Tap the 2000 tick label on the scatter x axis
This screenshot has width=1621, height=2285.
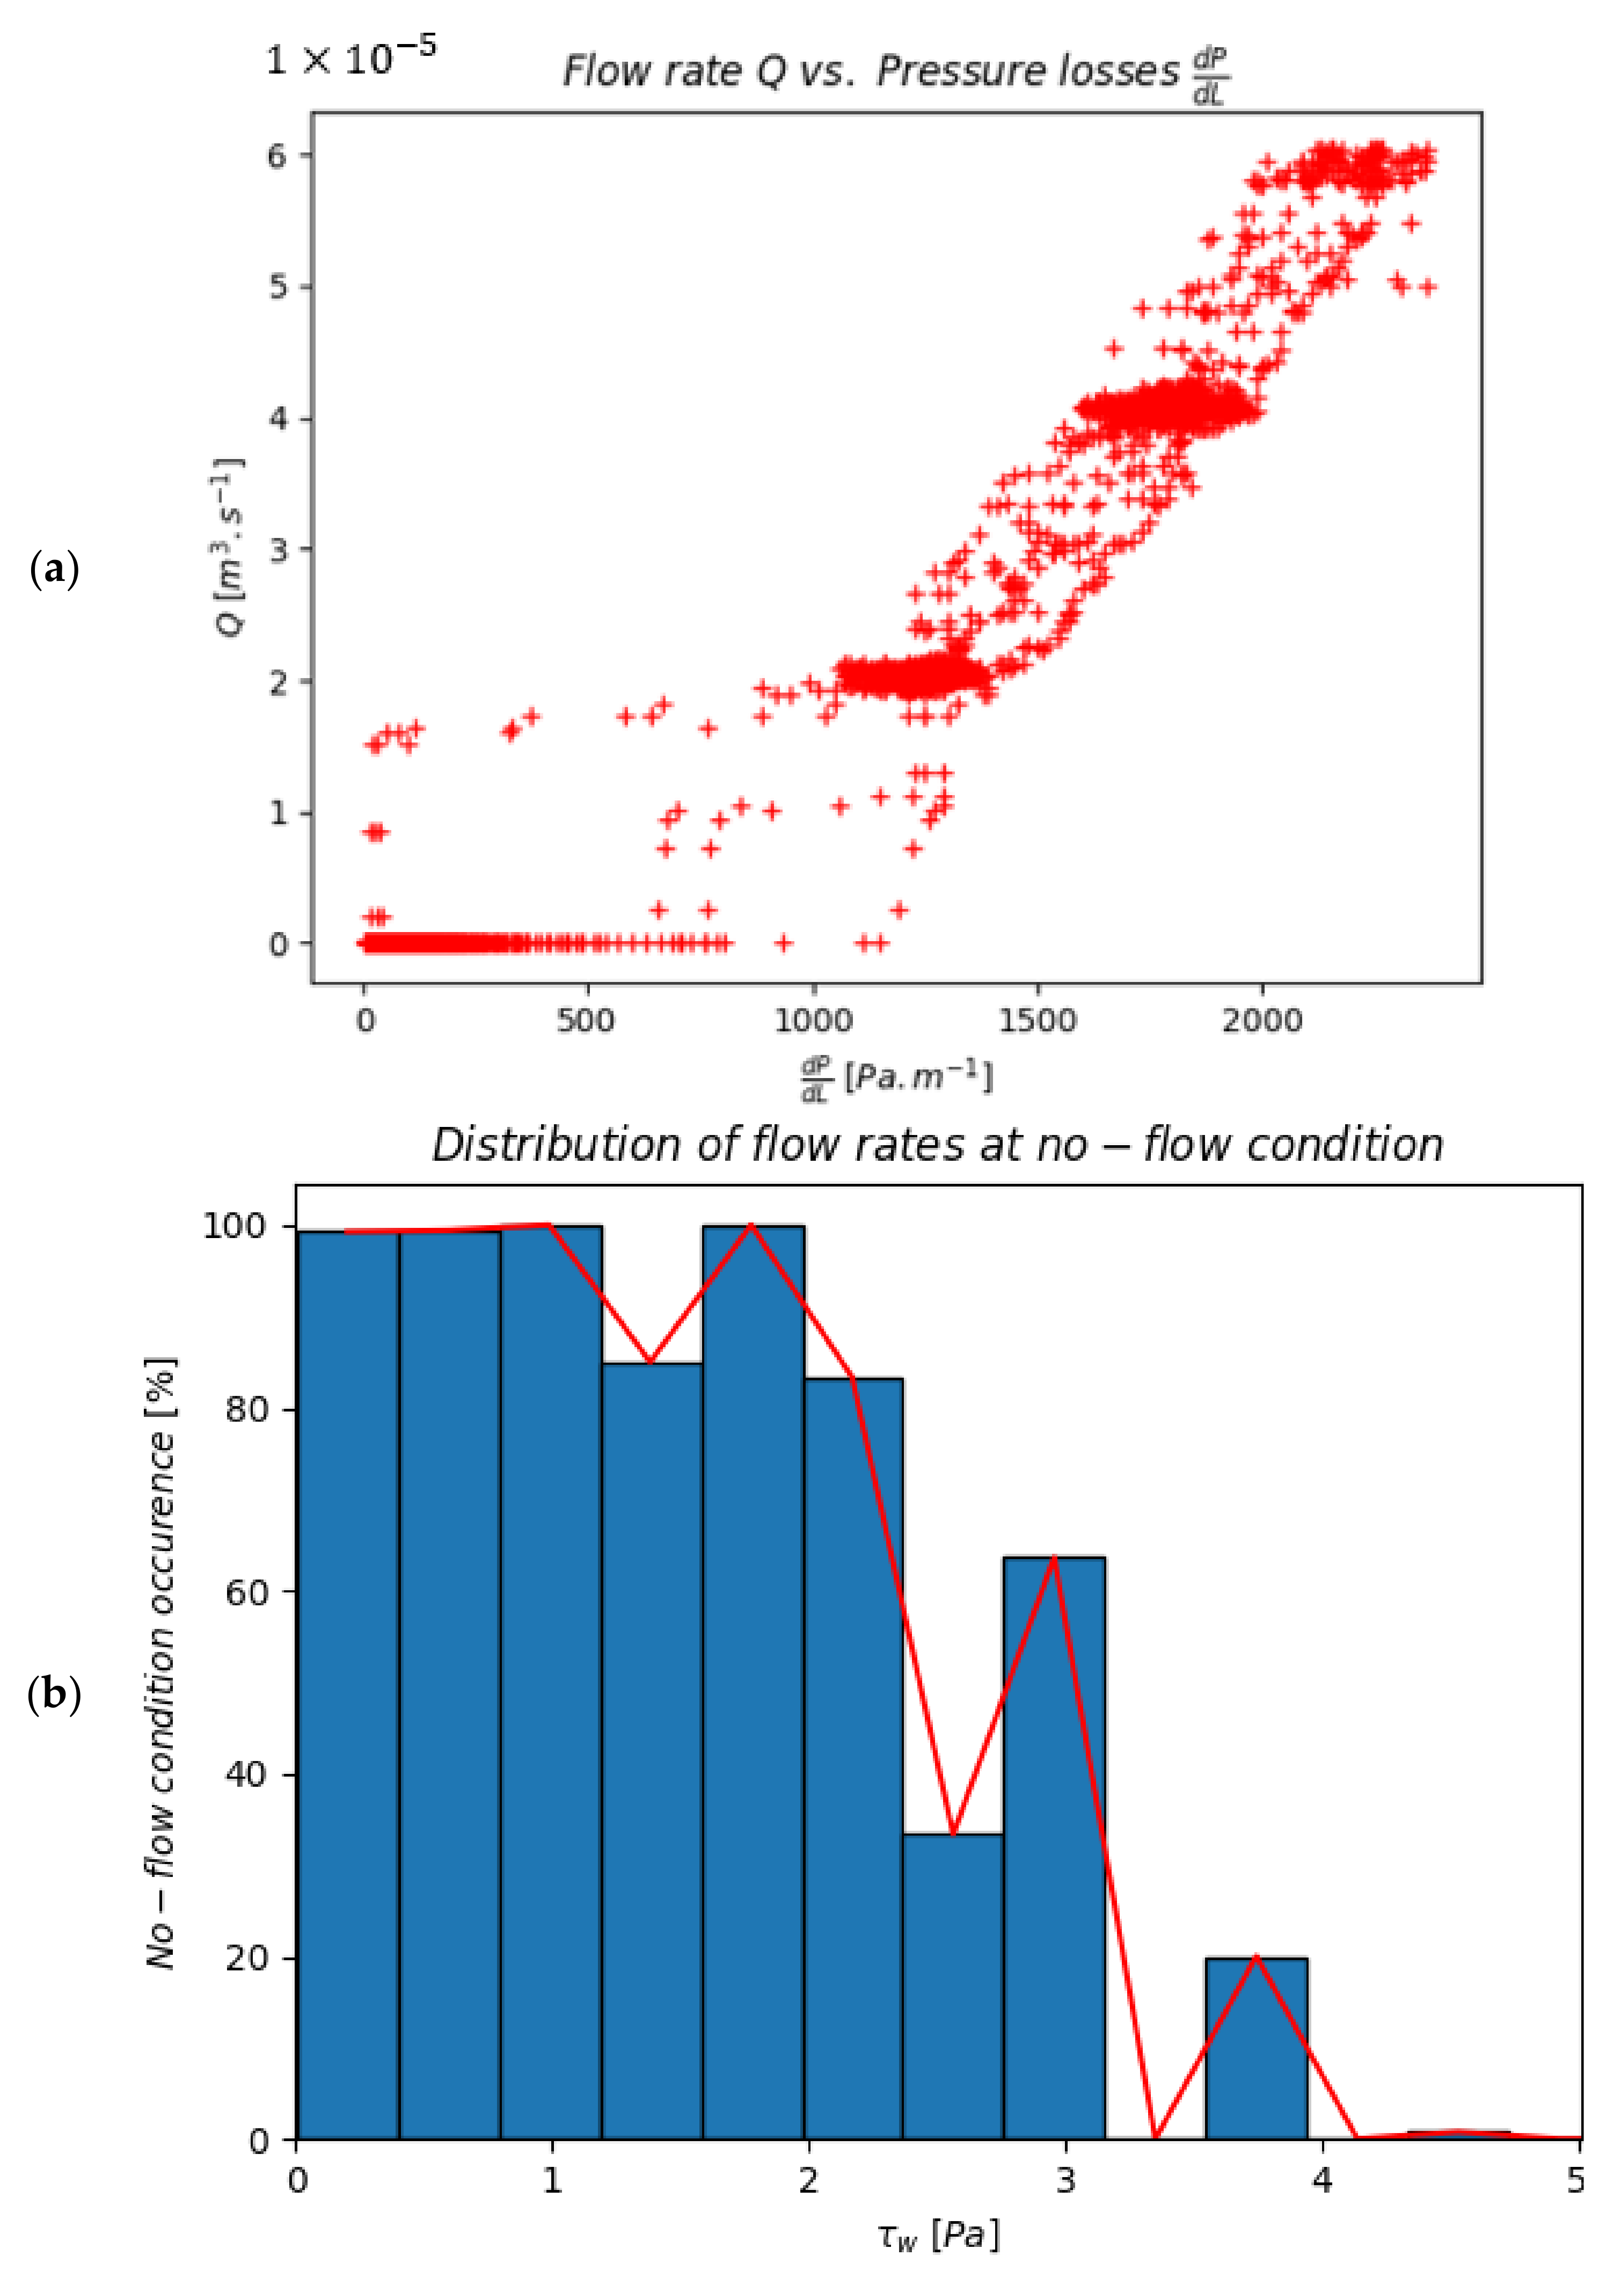pos(1262,1020)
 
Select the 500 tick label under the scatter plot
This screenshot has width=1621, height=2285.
pos(586,1020)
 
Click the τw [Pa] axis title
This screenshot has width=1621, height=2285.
pos(938,2236)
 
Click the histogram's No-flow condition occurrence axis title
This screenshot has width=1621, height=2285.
pos(160,1662)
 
